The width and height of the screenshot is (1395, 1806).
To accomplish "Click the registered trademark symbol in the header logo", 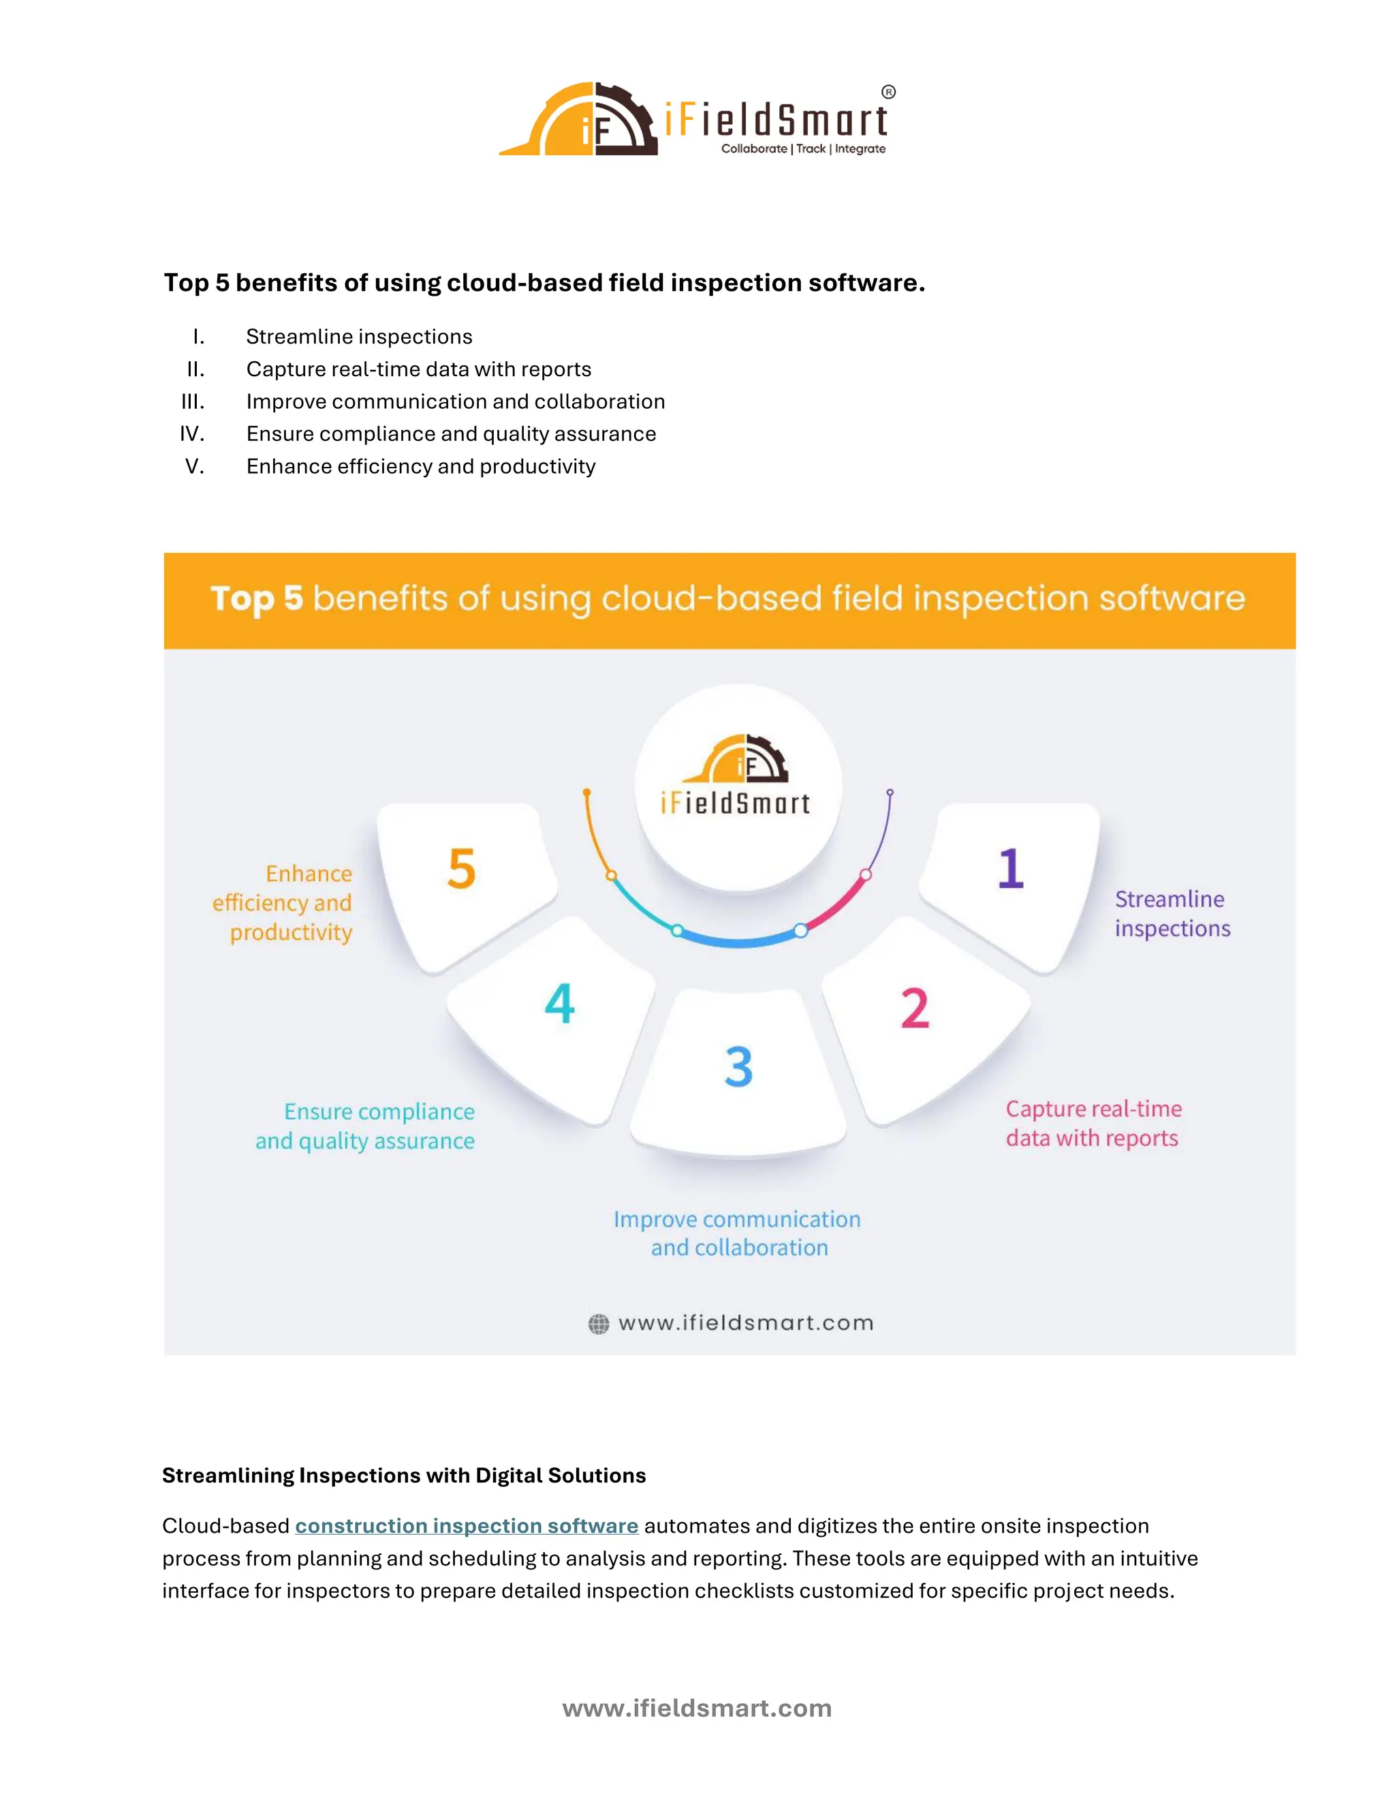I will click(x=888, y=92).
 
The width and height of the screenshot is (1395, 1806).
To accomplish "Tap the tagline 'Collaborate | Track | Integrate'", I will click(x=802, y=149).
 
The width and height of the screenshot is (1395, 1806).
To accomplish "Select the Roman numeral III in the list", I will click(x=193, y=402).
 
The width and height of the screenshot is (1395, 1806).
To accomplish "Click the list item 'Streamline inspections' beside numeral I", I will click(x=359, y=337).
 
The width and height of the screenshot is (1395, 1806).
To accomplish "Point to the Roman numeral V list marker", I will click(x=194, y=466).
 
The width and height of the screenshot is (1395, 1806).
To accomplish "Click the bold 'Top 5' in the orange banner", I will click(x=256, y=598).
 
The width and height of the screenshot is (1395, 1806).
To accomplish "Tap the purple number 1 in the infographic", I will click(x=1010, y=868).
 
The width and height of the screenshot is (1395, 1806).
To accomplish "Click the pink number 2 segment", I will click(x=915, y=1009).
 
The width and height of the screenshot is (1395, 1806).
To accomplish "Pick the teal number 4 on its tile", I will click(x=559, y=1003).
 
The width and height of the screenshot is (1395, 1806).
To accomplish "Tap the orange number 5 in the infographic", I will click(x=462, y=869).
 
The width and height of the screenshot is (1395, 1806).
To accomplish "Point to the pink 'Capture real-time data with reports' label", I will click(x=1093, y=1124).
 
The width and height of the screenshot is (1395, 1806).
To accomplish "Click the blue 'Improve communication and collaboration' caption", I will click(x=737, y=1233).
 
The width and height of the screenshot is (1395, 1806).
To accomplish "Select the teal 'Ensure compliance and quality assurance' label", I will click(x=366, y=1127).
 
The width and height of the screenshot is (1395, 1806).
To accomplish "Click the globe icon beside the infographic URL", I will click(x=598, y=1324).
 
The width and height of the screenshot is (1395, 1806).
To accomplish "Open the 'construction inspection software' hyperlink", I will click(x=466, y=1526).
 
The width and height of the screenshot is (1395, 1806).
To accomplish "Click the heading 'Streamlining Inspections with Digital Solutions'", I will click(x=403, y=1475).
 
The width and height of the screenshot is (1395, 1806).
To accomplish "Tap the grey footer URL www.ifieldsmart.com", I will click(x=697, y=1709).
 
